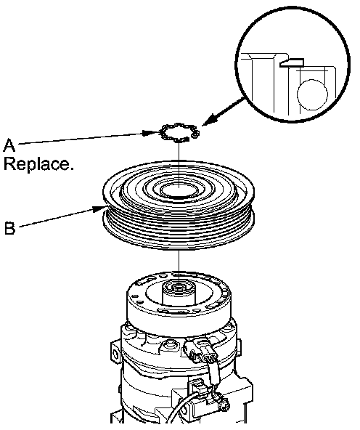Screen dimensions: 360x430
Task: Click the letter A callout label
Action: click(x=9, y=145)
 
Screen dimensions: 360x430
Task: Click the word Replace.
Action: click(x=38, y=164)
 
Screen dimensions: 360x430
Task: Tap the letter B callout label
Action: click(x=10, y=228)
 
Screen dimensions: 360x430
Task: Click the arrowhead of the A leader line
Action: click(x=151, y=133)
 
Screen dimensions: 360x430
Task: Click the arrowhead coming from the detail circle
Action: click(x=210, y=119)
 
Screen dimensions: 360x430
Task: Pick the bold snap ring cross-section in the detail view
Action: click(x=292, y=62)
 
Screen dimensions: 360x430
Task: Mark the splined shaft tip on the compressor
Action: click(x=179, y=288)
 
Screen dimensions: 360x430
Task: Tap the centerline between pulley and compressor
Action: click(x=179, y=262)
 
